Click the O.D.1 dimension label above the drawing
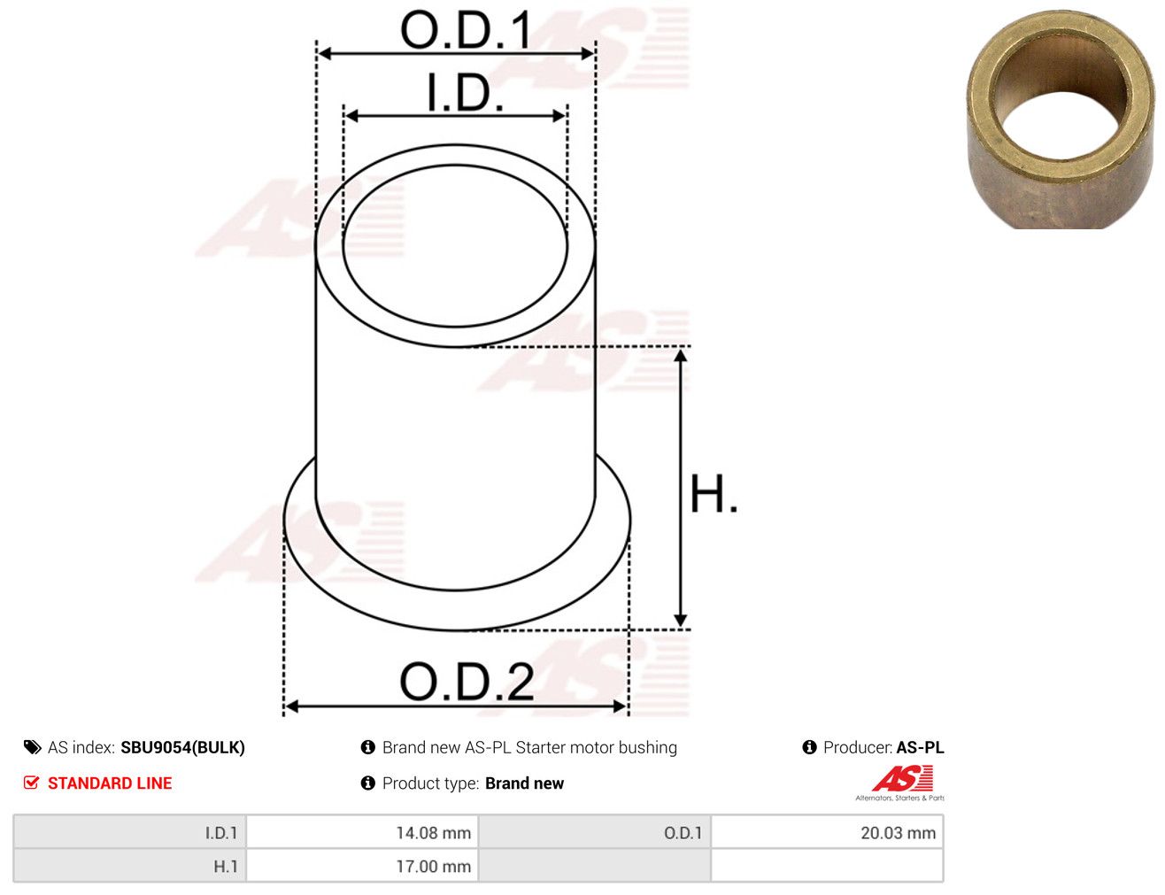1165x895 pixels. pos(466,30)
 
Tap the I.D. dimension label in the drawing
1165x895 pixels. pos(465,93)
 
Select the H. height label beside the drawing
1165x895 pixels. pos(714,493)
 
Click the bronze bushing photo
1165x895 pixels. pos(1060,120)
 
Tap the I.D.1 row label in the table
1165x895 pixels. pos(221,833)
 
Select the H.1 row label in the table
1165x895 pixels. pos(225,866)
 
